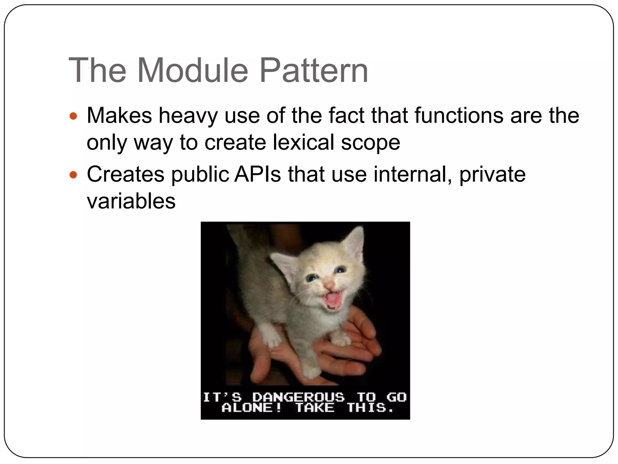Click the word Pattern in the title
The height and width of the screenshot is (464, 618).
point(314,71)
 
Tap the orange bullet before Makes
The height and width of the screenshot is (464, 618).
point(73,116)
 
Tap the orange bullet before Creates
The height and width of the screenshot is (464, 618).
point(73,175)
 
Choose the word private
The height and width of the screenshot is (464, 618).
point(492,175)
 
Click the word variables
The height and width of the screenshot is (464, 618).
point(131,201)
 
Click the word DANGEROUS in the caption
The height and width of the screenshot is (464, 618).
point(298,397)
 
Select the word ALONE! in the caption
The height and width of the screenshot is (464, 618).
point(251,408)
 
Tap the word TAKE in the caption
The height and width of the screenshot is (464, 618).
point(315,408)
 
